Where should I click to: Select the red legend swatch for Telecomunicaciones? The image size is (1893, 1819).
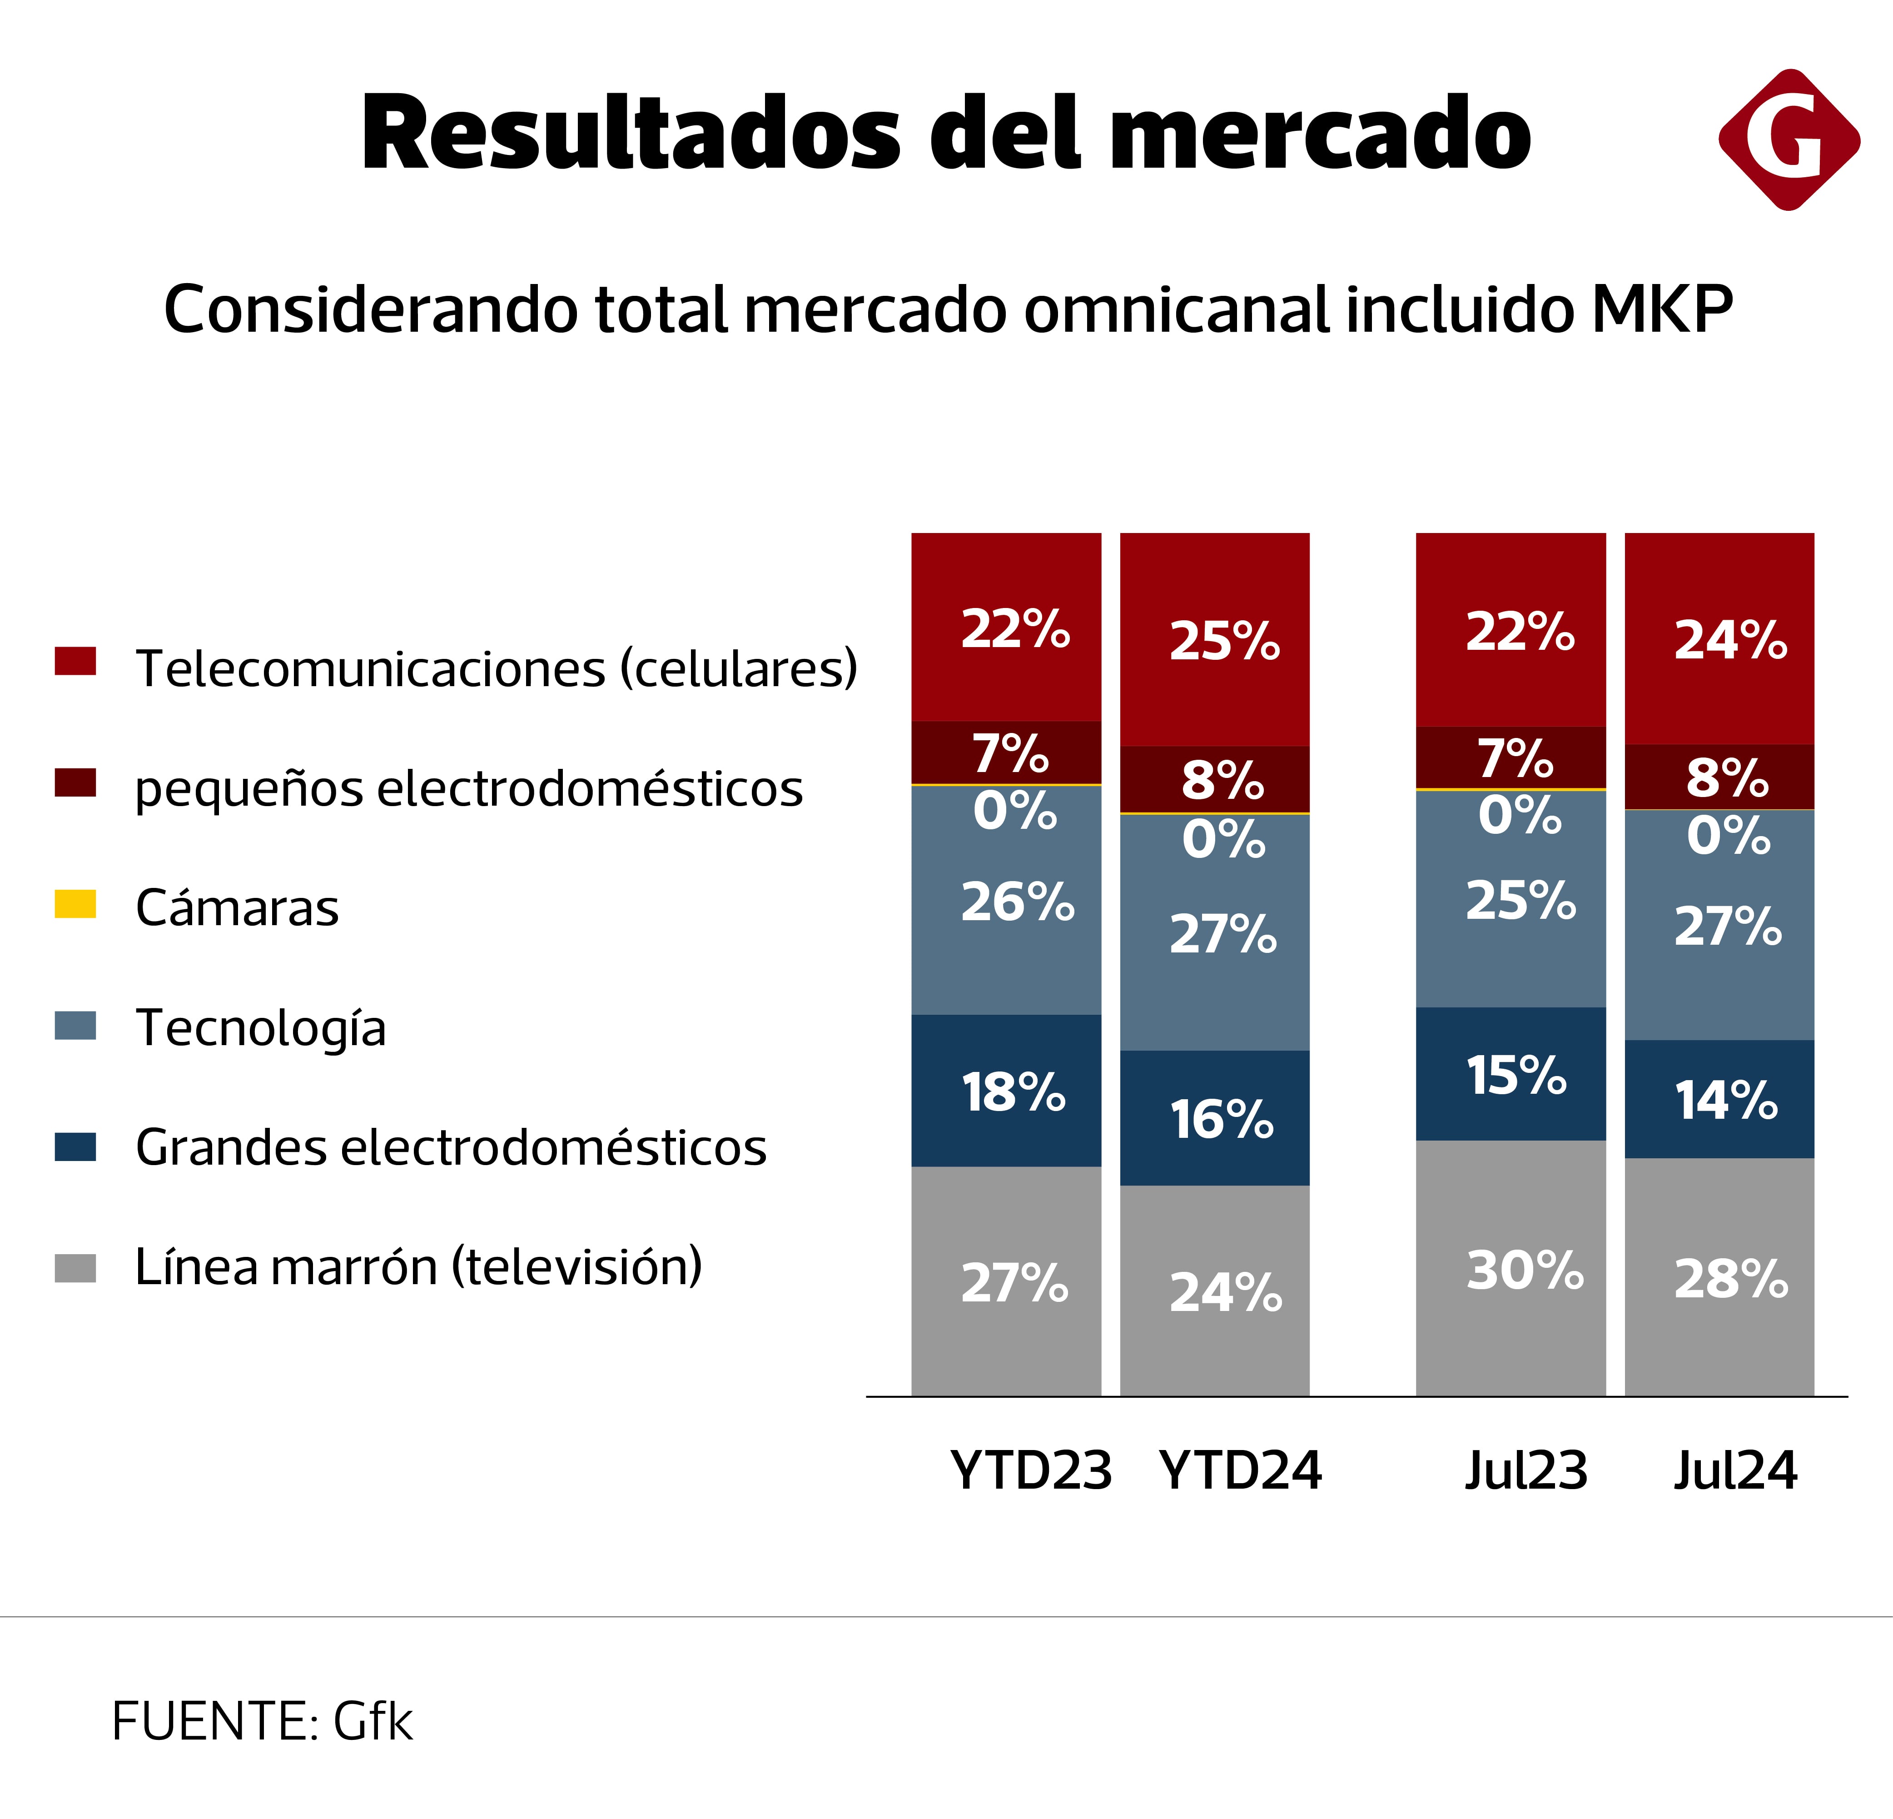(75, 661)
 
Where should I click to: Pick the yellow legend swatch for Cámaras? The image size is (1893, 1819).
(75, 903)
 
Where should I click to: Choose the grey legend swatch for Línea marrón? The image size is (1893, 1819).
(75, 1267)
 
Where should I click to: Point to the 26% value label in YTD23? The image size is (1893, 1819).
(1017, 902)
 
